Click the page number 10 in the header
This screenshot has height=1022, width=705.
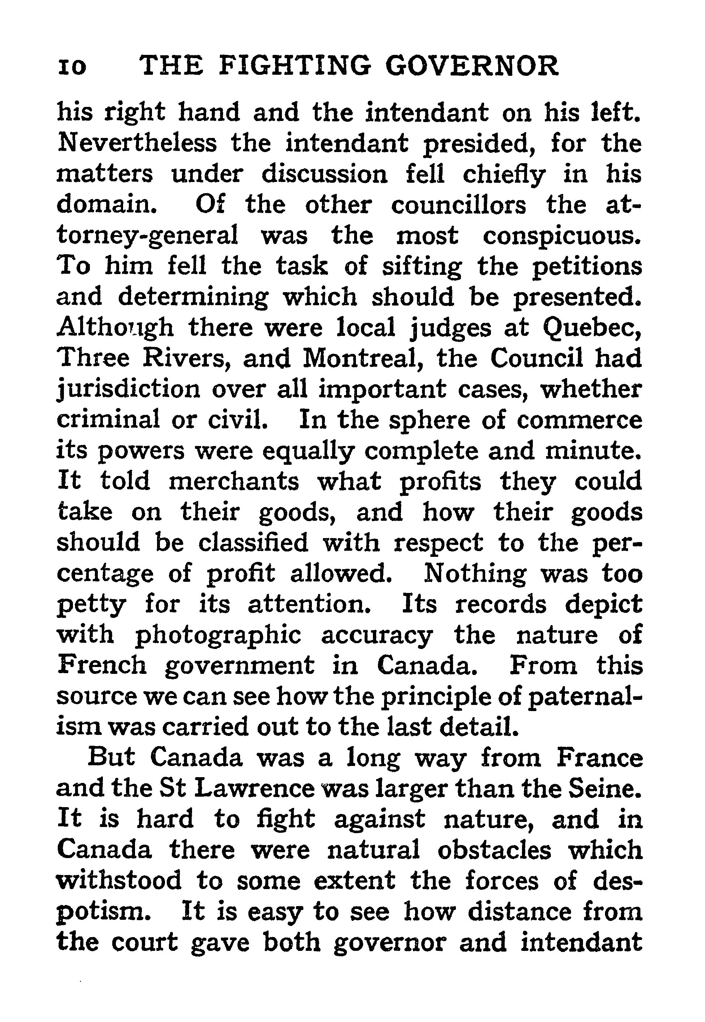coord(72,67)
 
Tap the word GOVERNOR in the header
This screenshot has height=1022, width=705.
coord(472,66)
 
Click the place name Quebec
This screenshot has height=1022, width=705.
coord(592,328)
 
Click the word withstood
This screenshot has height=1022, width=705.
coord(119,880)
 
